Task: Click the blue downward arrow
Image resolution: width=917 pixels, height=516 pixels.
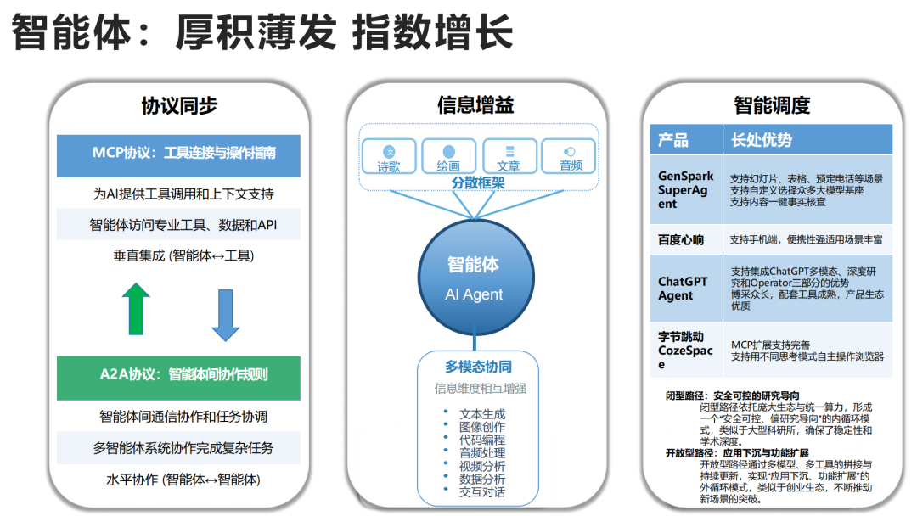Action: (x=226, y=315)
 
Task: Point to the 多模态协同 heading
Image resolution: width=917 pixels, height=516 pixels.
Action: (x=478, y=367)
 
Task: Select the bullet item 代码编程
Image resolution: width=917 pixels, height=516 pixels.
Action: (x=481, y=440)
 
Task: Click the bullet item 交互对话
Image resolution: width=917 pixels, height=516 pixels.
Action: (x=481, y=491)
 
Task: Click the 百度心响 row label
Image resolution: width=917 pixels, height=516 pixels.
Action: (x=681, y=239)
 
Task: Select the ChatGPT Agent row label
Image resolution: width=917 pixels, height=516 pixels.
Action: (x=683, y=289)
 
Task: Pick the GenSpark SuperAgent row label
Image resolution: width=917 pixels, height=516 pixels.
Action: (x=685, y=190)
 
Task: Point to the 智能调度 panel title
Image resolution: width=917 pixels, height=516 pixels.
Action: (x=772, y=105)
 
